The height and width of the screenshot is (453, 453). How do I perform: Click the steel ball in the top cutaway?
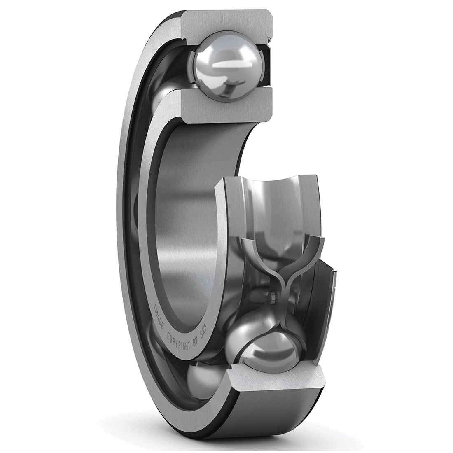click(226, 69)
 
